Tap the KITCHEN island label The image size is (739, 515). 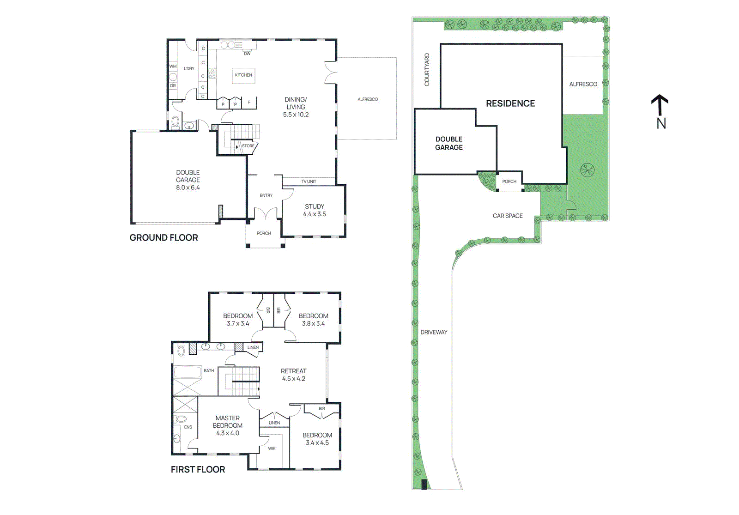[243, 75]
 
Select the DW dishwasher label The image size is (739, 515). [247, 54]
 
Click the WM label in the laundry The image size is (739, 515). [173, 67]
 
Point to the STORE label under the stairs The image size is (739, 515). [248, 146]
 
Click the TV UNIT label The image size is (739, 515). [309, 182]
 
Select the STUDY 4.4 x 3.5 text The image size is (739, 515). [315, 210]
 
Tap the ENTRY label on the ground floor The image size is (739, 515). [266, 196]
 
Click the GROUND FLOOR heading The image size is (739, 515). [164, 238]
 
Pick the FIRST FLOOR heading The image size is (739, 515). [198, 470]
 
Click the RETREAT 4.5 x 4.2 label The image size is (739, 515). [294, 375]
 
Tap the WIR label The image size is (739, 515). [272, 449]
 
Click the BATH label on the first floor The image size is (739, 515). [209, 371]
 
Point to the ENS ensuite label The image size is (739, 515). [188, 427]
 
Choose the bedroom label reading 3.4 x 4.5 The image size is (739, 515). [317, 439]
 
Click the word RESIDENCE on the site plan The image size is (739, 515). [510, 103]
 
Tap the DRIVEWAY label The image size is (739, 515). [434, 332]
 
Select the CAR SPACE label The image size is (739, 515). [508, 216]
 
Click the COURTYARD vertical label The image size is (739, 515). [427, 70]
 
